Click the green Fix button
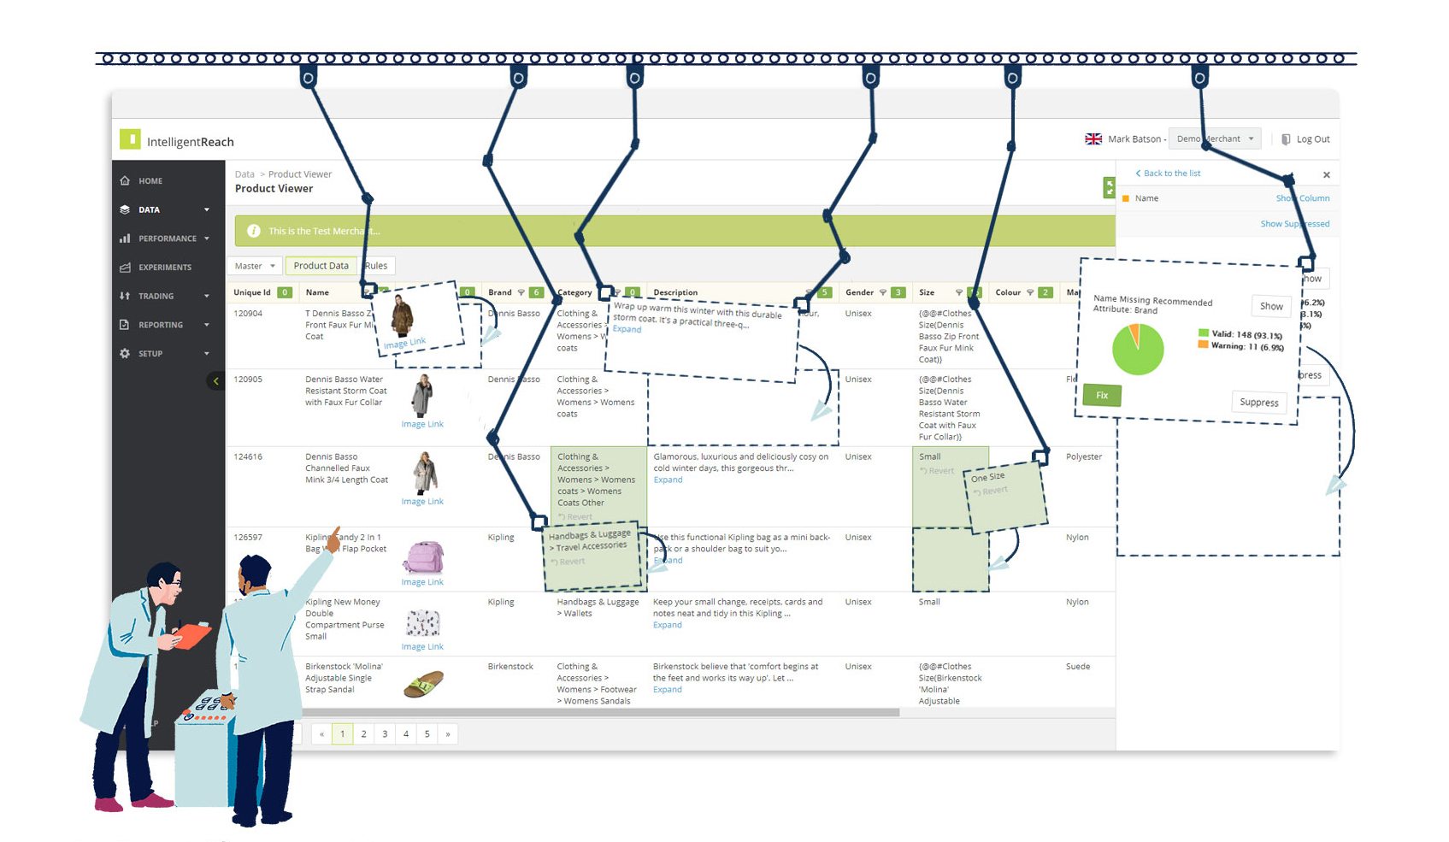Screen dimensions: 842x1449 coord(1101,395)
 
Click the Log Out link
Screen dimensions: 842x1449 coord(1312,139)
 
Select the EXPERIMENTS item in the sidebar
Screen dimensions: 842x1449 coord(165,268)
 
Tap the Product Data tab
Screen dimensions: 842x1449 coord(321,266)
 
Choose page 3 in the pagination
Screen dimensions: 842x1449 coord(385,733)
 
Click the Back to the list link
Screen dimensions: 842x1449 coord(1171,174)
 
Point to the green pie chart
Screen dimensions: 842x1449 coord(1137,350)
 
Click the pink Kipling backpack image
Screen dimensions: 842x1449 coord(423,557)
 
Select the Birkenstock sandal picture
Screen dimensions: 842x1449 coord(423,684)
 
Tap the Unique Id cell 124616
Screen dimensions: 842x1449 coord(248,457)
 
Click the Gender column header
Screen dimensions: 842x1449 coord(859,292)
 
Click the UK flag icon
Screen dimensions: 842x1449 coord(1093,139)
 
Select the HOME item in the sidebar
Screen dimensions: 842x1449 coord(150,181)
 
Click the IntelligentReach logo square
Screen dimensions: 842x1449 coord(130,139)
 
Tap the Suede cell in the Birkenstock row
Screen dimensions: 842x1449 coord(1077,667)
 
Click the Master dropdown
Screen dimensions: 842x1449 coord(254,266)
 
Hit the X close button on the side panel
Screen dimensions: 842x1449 coord(1326,175)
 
